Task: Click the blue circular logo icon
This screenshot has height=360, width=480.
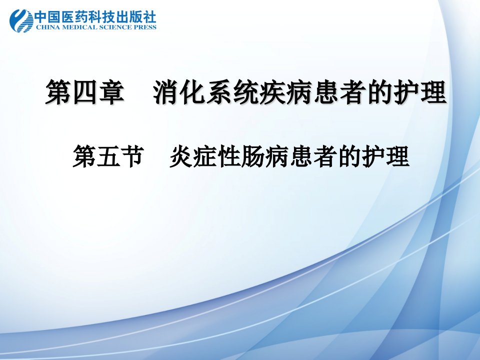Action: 21,20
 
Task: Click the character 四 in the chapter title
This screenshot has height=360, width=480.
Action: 85,92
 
